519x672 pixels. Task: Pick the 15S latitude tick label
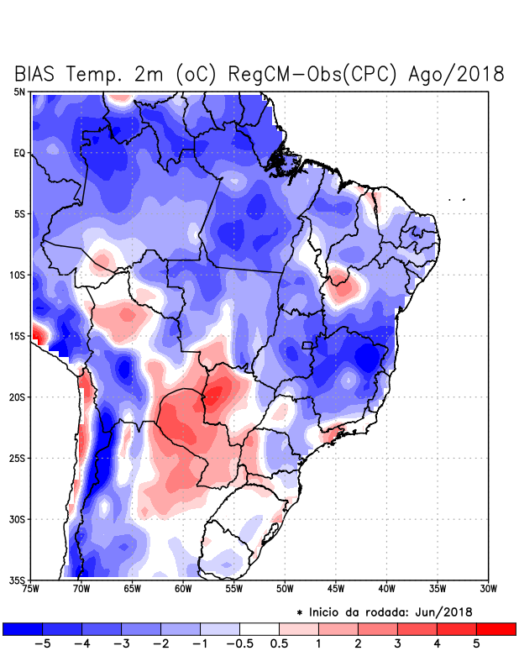18,336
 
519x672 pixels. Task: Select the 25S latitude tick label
18,458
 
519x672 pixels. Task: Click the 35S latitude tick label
18,580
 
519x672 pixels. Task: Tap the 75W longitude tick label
31,588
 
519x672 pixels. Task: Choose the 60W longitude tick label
182,588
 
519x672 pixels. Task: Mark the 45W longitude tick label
335,588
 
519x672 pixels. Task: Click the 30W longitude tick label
488,588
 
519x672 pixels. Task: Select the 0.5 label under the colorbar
279,643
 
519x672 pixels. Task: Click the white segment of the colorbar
259,628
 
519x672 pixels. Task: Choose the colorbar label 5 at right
476,643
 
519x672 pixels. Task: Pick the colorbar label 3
397,643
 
